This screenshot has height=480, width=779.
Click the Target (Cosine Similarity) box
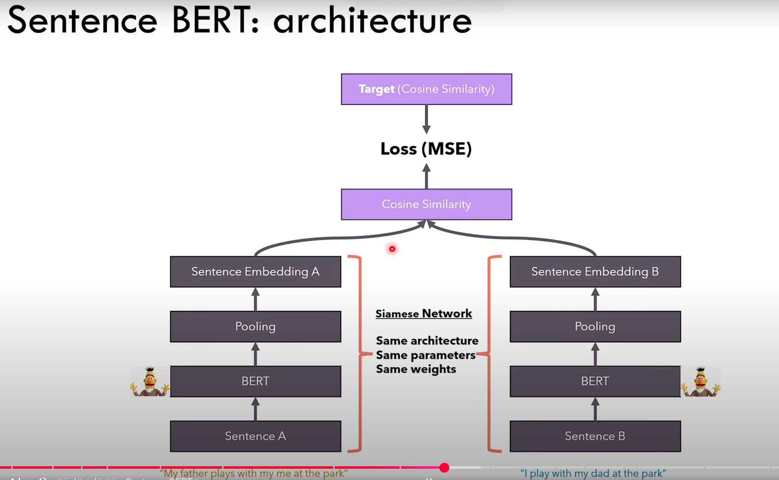426,89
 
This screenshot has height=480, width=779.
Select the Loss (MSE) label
426,149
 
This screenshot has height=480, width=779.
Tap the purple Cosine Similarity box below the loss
426,204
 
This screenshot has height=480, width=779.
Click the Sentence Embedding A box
255,271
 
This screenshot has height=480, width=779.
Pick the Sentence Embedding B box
595,271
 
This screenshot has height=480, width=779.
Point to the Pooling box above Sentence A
255,326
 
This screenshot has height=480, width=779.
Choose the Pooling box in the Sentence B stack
595,326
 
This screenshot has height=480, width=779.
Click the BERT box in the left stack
255,381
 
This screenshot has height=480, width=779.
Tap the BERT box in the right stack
595,381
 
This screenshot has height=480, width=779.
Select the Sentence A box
255,436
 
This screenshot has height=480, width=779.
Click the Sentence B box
595,436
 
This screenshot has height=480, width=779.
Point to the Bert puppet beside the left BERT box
149,382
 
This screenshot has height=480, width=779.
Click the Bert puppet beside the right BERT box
700,382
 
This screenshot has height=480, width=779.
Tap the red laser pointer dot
392,249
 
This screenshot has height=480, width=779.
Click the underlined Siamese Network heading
424,314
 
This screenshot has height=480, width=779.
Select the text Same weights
416,369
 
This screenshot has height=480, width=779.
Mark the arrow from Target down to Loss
426,119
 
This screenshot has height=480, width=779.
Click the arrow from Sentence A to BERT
255,409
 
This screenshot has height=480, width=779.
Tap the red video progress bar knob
444,468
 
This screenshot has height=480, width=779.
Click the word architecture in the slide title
372,21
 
